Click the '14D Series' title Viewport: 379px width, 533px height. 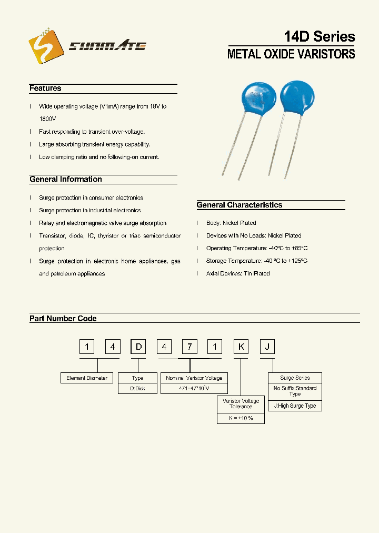320,36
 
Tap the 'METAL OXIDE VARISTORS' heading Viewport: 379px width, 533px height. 291,54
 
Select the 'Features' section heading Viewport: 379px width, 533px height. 45,88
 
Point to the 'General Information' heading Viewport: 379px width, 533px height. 66,180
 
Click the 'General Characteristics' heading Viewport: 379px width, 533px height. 240,205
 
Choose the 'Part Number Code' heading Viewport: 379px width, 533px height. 63,319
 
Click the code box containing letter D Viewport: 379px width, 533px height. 138,347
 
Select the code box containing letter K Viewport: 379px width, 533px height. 241,347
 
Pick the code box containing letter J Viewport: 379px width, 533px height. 268,347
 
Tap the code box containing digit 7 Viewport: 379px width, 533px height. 189,347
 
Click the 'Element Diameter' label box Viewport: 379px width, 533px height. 87,378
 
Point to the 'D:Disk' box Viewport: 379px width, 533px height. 138,389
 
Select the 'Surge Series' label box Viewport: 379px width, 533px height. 295,378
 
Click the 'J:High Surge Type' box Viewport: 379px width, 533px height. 295,406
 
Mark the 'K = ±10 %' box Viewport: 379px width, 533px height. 241,418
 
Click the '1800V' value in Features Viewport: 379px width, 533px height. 47,120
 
